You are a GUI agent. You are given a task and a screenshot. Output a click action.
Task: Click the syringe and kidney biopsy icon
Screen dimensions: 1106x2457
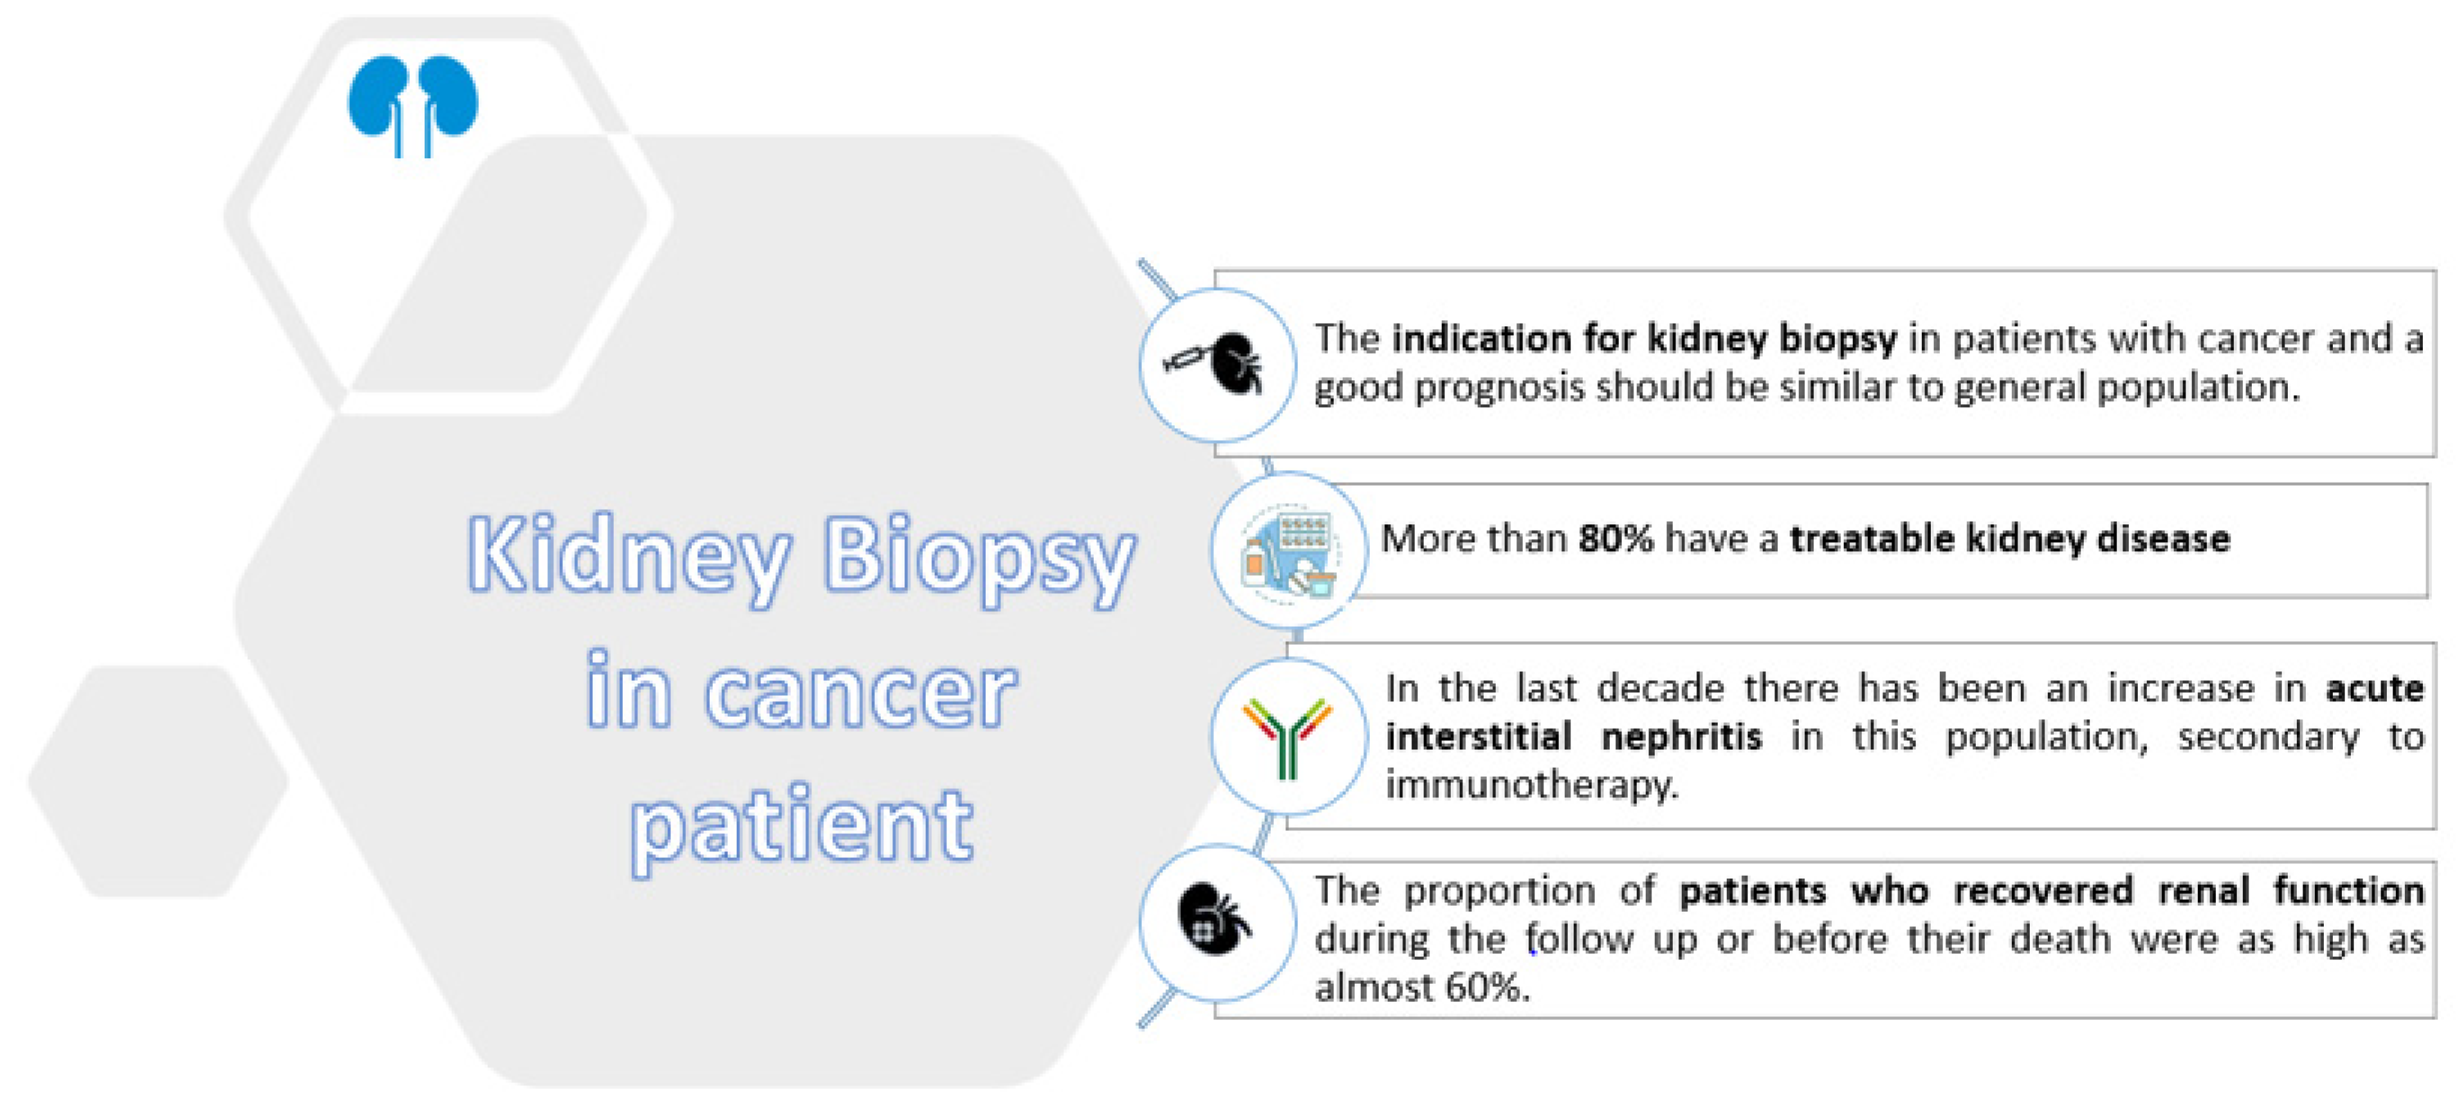tap(1216, 364)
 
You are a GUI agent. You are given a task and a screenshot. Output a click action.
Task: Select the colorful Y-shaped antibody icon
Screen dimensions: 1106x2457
tap(1287, 736)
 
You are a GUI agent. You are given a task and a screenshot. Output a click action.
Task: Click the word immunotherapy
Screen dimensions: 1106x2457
tap(1530, 786)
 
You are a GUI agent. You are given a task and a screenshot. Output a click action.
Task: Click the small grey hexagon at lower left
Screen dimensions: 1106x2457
tap(158, 782)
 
